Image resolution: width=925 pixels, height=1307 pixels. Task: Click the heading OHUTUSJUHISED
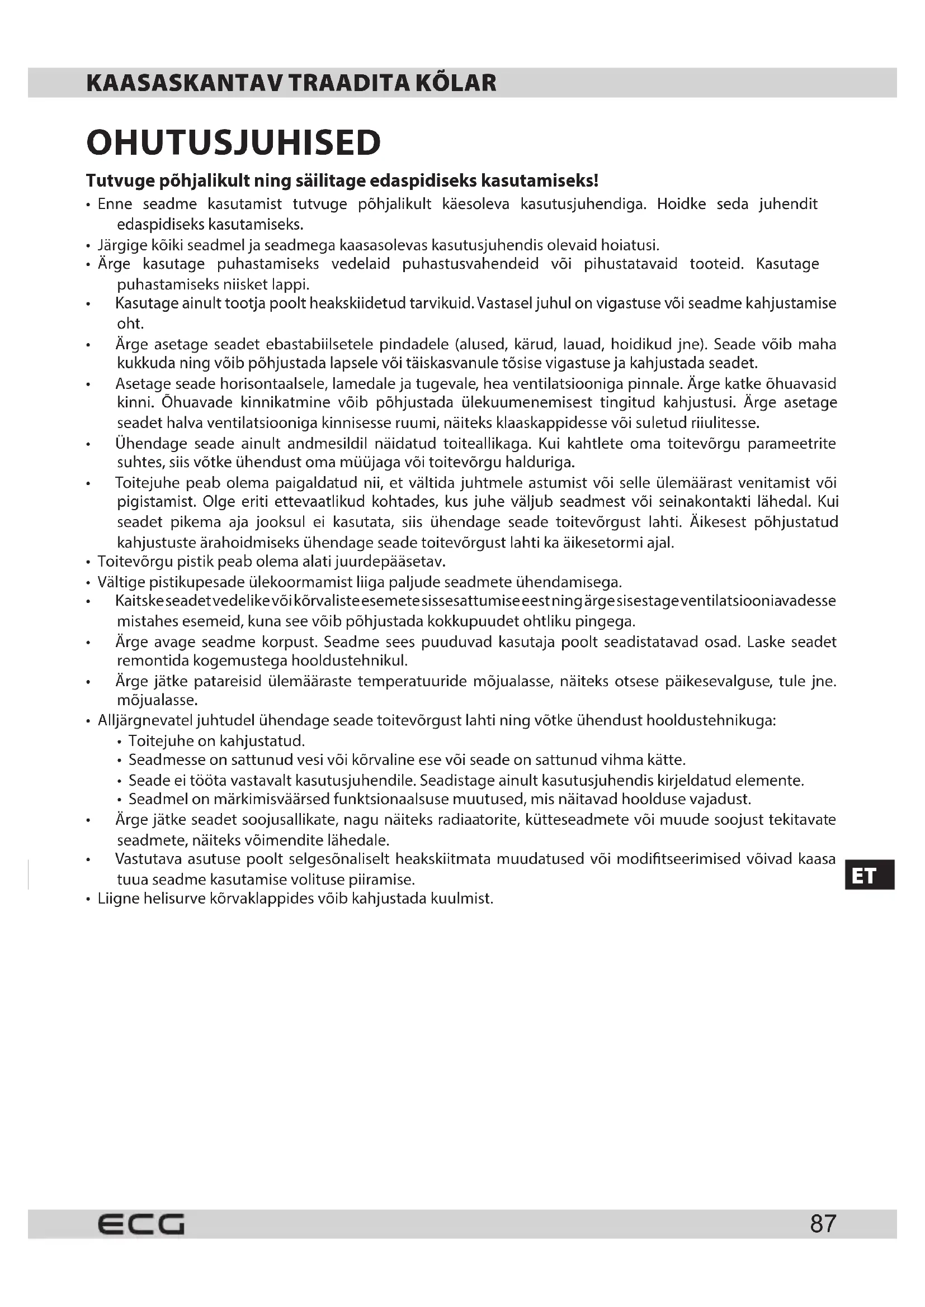coord(234,142)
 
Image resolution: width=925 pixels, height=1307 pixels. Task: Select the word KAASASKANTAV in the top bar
coord(183,83)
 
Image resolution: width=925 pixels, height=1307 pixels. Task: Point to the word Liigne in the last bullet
coord(118,899)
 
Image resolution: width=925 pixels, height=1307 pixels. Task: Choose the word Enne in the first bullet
coord(115,204)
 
